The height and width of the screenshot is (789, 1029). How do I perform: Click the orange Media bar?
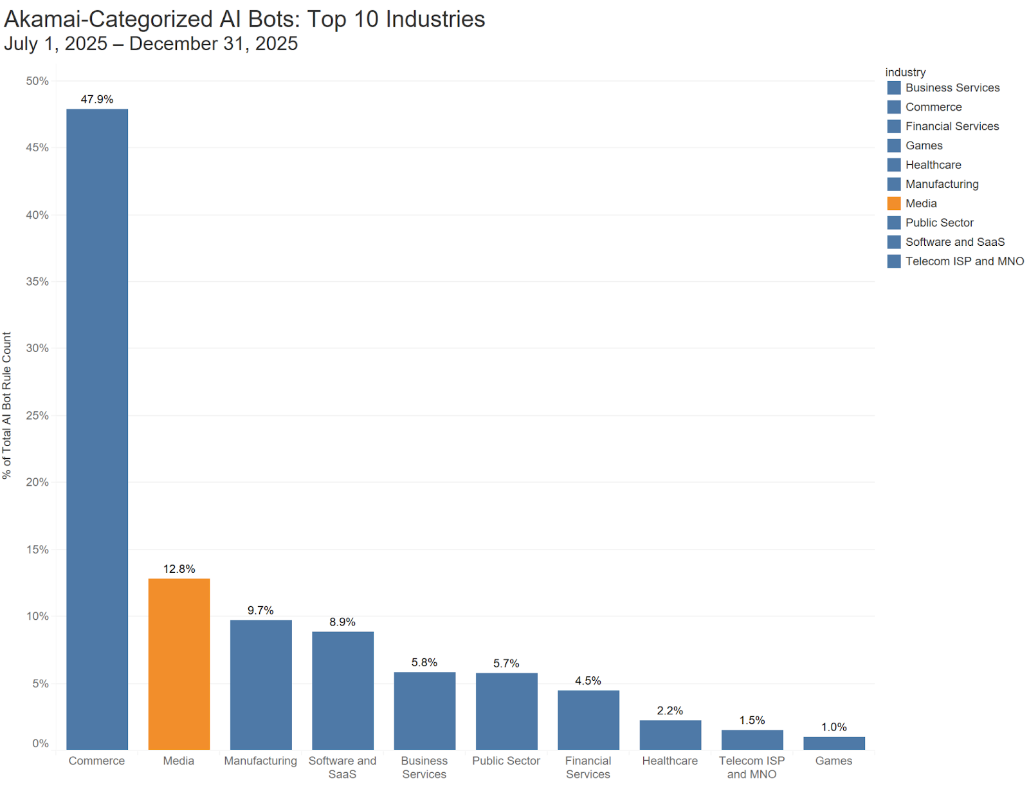tap(179, 664)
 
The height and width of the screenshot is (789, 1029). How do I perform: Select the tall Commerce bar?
tap(97, 429)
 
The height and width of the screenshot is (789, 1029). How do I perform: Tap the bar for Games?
tap(833, 743)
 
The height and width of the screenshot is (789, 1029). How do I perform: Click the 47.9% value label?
tap(97, 99)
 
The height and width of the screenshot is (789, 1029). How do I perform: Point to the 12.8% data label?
tap(179, 569)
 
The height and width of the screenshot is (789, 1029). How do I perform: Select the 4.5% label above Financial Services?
tap(588, 680)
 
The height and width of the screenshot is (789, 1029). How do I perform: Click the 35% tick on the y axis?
tap(37, 281)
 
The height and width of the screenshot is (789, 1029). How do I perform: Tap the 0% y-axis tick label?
tap(41, 743)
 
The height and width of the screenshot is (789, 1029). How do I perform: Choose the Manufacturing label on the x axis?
tap(260, 761)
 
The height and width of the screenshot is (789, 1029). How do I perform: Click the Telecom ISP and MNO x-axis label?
tap(752, 767)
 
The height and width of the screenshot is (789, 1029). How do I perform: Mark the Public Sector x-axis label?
tap(506, 761)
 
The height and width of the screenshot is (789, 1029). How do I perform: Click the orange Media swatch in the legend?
tap(894, 203)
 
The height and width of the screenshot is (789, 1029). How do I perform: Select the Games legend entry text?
tap(924, 145)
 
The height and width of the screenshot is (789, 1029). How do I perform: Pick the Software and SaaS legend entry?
tap(954, 242)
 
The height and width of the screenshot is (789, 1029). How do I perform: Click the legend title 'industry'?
tap(905, 72)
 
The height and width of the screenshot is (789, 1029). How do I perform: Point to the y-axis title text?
tap(7, 405)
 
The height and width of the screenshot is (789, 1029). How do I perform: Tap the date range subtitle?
tap(151, 44)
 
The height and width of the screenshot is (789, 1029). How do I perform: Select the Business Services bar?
tap(424, 710)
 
